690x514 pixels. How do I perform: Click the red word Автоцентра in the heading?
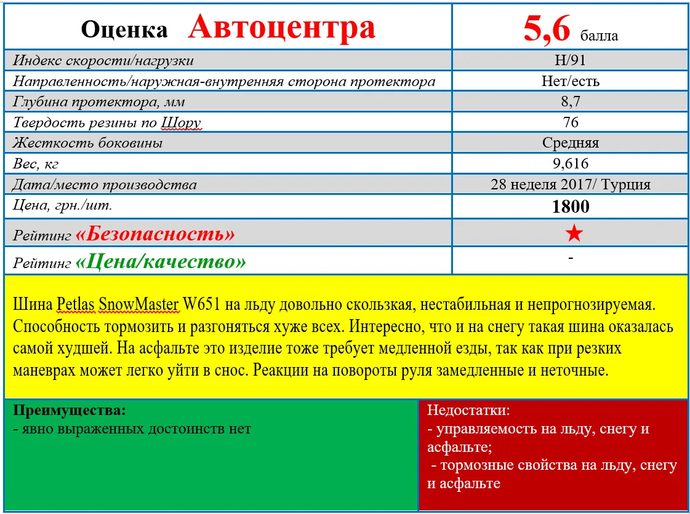click(x=281, y=27)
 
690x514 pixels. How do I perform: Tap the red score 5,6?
click(x=547, y=29)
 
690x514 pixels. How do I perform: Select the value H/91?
click(x=571, y=61)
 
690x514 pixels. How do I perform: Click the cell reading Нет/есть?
click(x=571, y=81)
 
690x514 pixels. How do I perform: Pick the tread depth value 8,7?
click(x=571, y=101)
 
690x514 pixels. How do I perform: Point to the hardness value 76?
click(x=571, y=122)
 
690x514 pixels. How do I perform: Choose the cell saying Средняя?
click(x=571, y=143)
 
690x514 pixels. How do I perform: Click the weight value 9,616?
click(x=571, y=164)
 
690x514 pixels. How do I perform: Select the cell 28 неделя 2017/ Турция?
click(x=571, y=184)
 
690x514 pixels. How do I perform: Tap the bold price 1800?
click(x=571, y=206)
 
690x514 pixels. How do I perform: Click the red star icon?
click(x=573, y=233)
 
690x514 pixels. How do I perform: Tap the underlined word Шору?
click(x=180, y=123)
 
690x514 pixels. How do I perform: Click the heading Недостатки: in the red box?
click(x=468, y=410)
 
